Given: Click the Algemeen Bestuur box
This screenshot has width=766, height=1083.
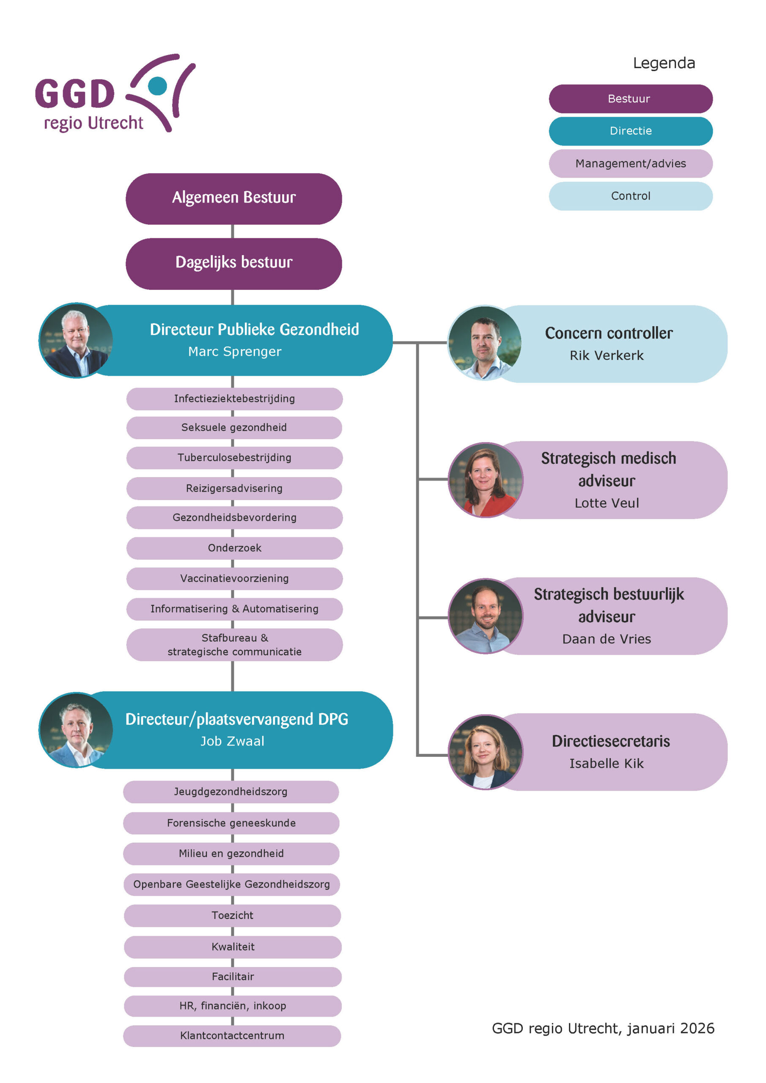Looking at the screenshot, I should click(x=233, y=198).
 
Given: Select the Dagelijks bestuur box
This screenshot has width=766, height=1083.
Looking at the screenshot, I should click(x=233, y=263).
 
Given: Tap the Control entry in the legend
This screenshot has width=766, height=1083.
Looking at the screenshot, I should click(x=630, y=196).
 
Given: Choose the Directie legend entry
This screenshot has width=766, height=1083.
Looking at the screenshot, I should click(x=630, y=131).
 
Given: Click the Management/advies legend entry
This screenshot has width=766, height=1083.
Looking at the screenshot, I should click(x=630, y=163).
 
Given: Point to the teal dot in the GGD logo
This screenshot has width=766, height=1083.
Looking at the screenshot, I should click(x=157, y=86).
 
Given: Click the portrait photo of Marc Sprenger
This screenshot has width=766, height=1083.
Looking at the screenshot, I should click(x=75, y=340).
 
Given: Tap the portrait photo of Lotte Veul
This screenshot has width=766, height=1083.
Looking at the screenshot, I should click(x=485, y=479).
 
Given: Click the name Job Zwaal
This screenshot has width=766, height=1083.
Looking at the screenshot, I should click(x=232, y=741).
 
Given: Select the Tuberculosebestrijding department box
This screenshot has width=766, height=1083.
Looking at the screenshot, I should click(x=234, y=458).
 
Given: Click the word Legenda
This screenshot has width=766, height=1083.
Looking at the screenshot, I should click(x=664, y=63).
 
